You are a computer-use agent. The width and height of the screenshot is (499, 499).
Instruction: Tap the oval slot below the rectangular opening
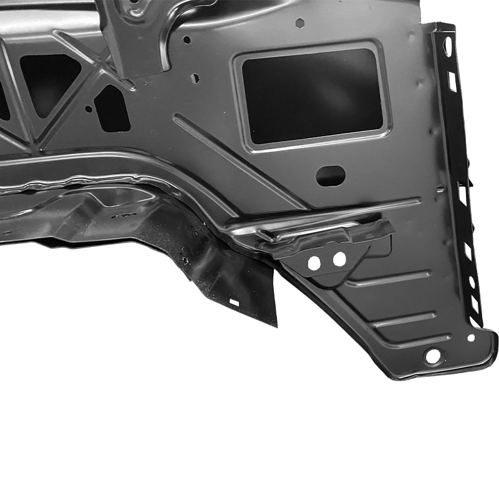(x=331, y=175)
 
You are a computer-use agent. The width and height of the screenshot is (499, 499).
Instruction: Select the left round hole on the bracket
(x=314, y=263)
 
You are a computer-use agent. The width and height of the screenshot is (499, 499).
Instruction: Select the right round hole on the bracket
(x=339, y=258)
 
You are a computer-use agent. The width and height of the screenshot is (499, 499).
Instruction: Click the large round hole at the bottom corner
(x=432, y=357)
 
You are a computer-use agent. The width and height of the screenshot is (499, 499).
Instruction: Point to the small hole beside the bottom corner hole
(x=471, y=337)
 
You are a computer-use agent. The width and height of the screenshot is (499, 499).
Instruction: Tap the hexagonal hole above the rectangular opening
(x=301, y=23)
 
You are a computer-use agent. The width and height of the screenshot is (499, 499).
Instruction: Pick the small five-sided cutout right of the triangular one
(x=112, y=107)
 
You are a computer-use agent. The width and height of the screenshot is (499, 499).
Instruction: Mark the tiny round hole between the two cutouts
(x=89, y=109)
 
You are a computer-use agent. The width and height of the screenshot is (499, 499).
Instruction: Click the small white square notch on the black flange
(x=235, y=302)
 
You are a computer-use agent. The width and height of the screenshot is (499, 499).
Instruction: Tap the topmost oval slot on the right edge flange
(x=448, y=46)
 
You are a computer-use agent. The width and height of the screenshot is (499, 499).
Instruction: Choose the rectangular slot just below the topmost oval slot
(x=452, y=81)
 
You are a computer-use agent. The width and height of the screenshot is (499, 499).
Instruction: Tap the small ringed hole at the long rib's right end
(x=440, y=190)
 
